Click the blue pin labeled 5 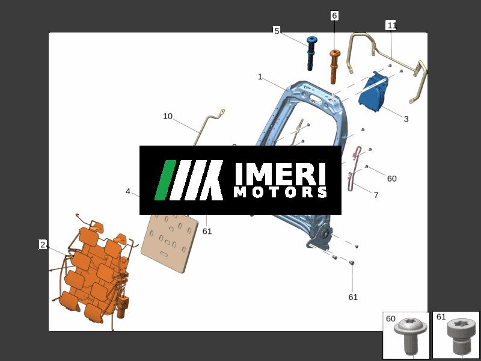click(x=311, y=54)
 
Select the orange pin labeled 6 click(x=334, y=66)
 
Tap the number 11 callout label click(x=392, y=25)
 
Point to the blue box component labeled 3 click(x=373, y=92)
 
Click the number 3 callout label click(x=406, y=119)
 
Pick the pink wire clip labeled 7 click(x=354, y=167)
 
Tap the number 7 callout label click(x=376, y=195)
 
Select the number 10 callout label click(x=168, y=116)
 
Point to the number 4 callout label click(x=128, y=191)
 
